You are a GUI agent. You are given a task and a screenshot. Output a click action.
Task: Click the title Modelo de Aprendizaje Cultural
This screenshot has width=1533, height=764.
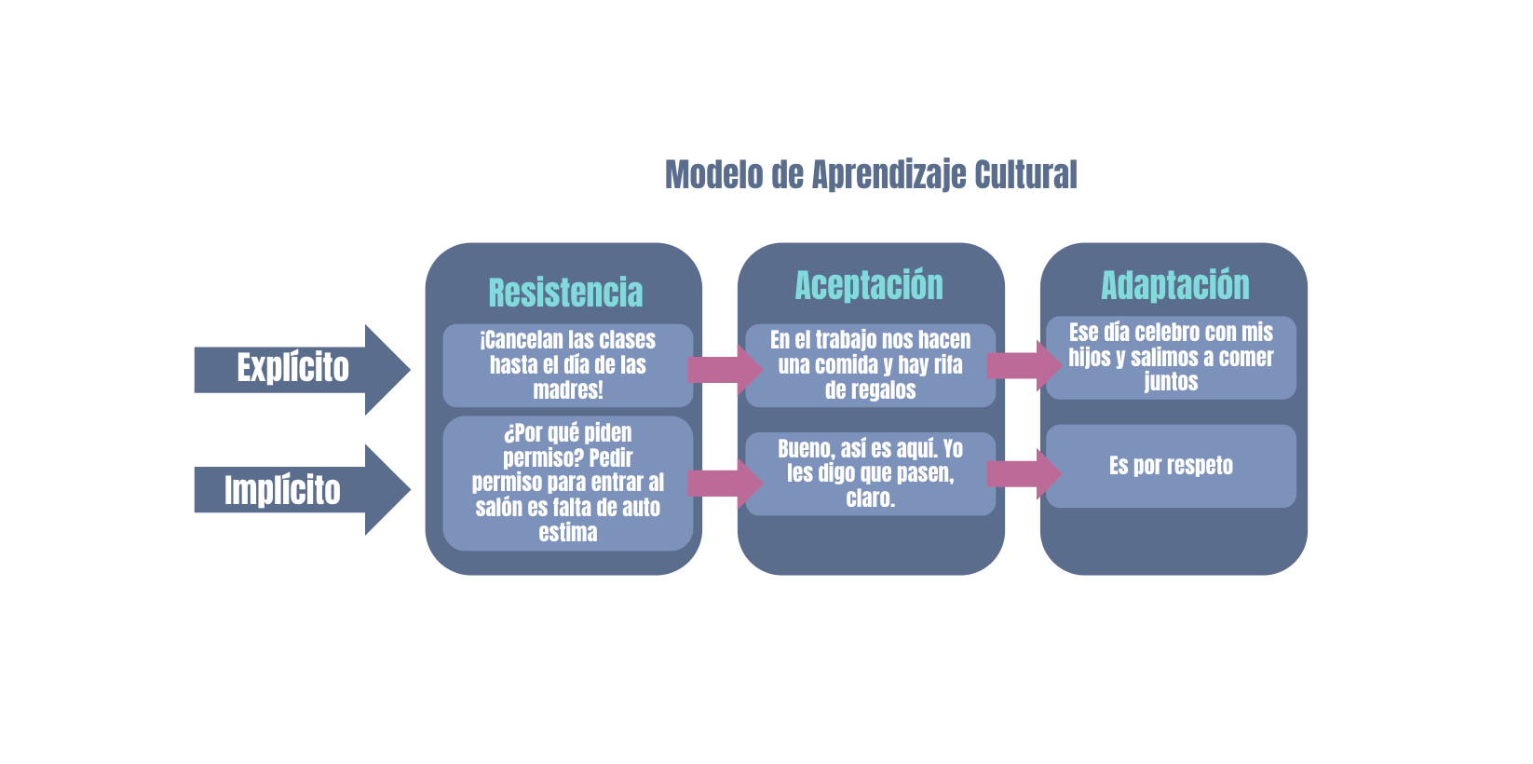[871, 175]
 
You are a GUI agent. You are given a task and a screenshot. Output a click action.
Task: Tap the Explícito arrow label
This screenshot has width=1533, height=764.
[293, 368]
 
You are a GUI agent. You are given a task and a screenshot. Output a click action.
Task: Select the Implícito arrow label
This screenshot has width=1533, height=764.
[282, 490]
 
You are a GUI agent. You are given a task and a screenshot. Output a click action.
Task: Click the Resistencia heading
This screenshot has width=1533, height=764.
[565, 293]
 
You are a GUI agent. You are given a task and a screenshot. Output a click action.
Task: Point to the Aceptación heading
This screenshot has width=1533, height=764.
[868, 285]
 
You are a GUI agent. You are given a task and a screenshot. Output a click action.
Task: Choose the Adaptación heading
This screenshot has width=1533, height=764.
[1175, 285]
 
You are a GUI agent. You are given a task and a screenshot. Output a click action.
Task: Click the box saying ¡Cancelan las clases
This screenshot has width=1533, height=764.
[567, 365]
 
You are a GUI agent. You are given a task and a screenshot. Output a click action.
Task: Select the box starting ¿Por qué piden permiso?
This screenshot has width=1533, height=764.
[567, 484]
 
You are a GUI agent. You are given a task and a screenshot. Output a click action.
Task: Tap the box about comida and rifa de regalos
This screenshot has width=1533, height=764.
[870, 365]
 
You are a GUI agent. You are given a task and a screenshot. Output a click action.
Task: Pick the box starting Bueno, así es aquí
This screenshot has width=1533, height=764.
[870, 473]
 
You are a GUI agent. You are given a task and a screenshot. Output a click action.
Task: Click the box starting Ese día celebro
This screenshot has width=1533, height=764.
[1171, 358]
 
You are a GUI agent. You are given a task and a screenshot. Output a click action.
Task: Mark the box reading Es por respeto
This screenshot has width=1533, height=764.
[1171, 466]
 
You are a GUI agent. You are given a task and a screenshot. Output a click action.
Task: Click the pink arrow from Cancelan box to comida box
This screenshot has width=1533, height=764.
[725, 370]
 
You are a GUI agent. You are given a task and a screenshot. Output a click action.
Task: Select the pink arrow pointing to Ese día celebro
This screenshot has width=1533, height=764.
[1024, 365]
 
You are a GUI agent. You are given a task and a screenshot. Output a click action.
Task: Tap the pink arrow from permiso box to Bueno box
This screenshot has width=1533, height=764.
[725, 484]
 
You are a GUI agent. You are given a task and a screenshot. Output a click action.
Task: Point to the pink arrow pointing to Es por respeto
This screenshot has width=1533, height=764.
[1024, 473]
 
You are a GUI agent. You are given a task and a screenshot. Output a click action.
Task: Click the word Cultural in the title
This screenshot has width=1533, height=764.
[1025, 174]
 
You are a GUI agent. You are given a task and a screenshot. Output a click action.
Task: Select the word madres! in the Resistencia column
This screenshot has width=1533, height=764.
[567, 390]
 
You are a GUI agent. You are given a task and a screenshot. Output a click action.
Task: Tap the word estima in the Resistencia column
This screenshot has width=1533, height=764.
[567, 533]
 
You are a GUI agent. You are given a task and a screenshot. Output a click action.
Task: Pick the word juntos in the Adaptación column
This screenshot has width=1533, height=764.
[1171, 382]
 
